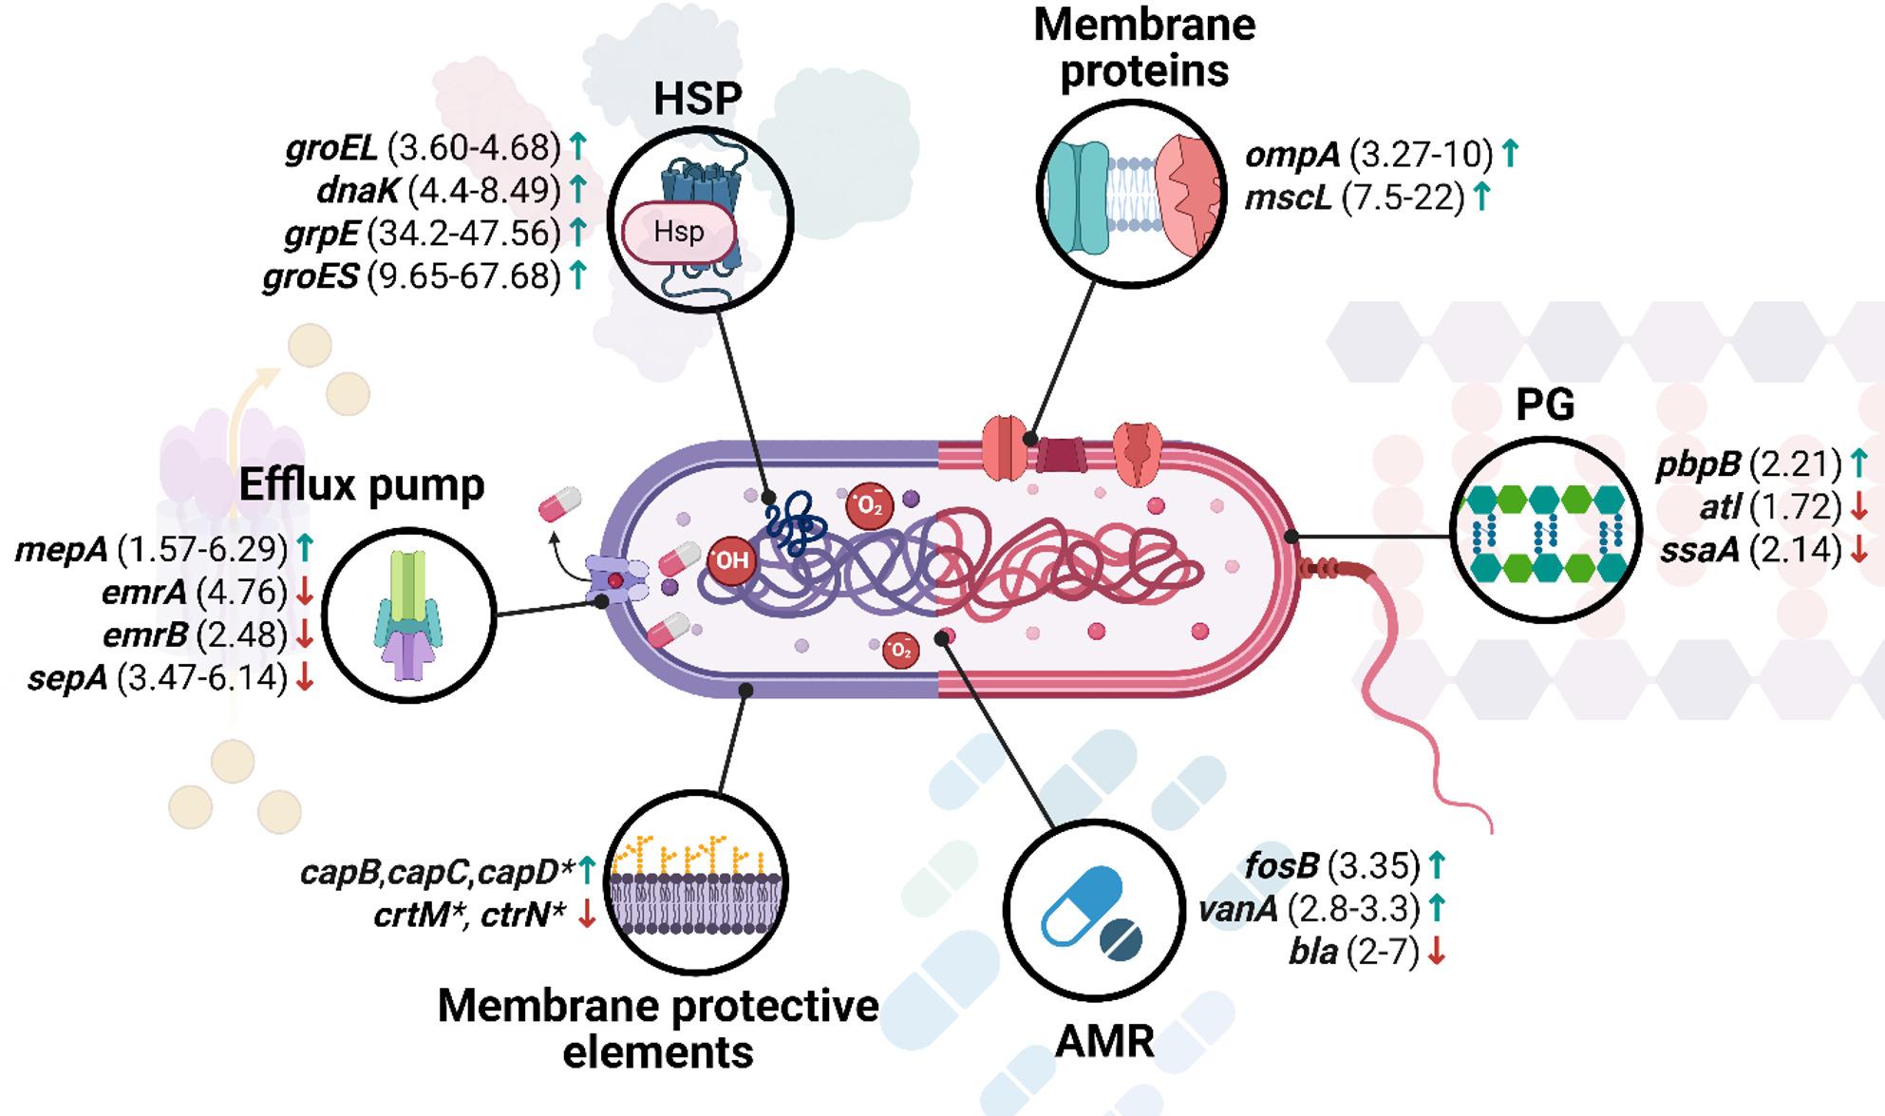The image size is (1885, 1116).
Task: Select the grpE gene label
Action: click(x=321, y=233)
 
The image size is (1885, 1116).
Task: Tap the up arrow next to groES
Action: click(x=577, y=275)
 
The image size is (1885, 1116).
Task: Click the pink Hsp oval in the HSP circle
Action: click(x=678, y=232)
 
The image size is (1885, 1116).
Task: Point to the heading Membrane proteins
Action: click(x=1144, y=47)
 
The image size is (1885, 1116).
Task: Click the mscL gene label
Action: click(x=1289, y=198)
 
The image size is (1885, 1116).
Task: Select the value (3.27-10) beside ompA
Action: click(x=1421, y=154)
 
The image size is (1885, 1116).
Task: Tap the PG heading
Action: click(x=1545, y=406)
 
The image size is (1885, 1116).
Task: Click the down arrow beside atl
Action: click(x=1858, y=507)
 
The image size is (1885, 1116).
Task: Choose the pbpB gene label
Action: click(x=1698, y=464)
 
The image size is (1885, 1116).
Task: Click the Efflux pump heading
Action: click(x=362, y=485)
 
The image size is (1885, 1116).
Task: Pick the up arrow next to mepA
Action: click(x=304, y=547)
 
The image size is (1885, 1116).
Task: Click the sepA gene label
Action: click(x=67, y=678)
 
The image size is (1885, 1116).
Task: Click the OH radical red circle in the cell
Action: click(x=730, y=559)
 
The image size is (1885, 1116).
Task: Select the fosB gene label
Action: click(x=1281, y=865)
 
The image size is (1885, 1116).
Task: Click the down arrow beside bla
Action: click(x=1436, y=951)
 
